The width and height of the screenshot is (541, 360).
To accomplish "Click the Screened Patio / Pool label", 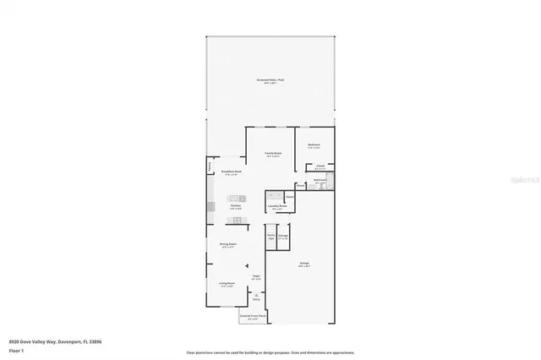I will pos(270,80).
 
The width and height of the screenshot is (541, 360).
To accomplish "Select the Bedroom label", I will pos(314,145).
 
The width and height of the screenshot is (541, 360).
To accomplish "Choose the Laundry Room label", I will pos(278,206).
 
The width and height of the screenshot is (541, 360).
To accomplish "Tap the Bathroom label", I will pos(320,180).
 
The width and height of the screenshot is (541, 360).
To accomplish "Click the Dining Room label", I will pos(228,244).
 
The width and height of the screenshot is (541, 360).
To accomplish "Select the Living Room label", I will pos(227,283).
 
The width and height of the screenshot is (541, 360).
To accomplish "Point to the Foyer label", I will pos(255,276).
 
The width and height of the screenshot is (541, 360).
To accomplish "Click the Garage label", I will pos(303,264).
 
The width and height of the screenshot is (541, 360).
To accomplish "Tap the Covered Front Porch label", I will pos(253,317).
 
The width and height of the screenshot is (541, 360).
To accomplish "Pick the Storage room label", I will pos(283,237).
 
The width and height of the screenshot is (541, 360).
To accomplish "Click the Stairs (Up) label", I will pos(271,237).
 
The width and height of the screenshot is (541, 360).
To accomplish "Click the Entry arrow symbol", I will pos(256,294).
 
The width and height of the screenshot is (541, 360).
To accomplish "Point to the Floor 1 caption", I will pos(17,349).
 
